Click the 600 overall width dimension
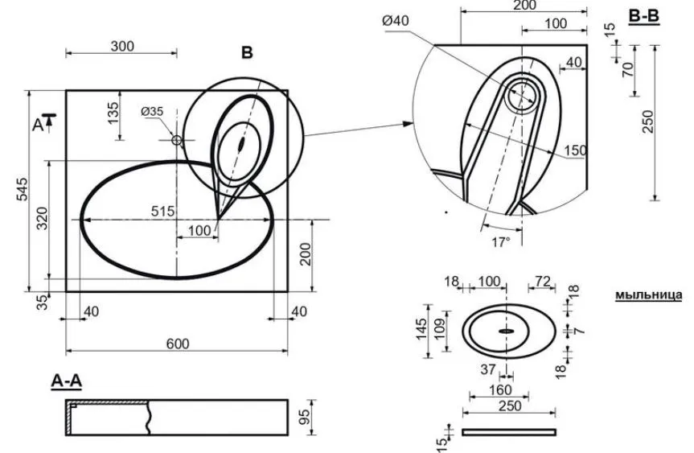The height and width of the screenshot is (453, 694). (x=178, y=344)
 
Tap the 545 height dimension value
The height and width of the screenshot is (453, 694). (x=22, y=189)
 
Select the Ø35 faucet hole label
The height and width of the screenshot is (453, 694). (x=152, y=111)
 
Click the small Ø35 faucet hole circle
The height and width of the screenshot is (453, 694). (x=177, y=140)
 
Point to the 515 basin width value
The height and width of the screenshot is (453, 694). (x=163, y=212)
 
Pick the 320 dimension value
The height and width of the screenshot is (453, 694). (x=42, y=218)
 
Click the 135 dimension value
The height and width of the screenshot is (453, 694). (x=113, y=113)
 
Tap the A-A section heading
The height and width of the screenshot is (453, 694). (x=67, y=381)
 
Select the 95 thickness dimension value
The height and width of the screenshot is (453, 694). (x=305, y=417)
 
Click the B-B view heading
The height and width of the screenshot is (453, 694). (x=644, y=16)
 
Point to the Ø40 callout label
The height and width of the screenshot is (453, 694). (x=396, y=20)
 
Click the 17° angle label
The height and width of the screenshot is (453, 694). (x=500, y=242)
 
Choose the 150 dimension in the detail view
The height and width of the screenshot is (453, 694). (x=575, y=150)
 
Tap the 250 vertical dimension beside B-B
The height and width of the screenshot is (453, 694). (x=647, y=121)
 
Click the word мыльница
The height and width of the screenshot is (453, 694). (x=648, y=295)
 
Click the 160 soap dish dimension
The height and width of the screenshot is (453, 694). (x=500, y=390)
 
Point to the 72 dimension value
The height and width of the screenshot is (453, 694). (x=543, y=281)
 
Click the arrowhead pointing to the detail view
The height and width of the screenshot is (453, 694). (x=408, y=124)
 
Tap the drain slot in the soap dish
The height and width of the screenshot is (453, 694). (x=506, y=331)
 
